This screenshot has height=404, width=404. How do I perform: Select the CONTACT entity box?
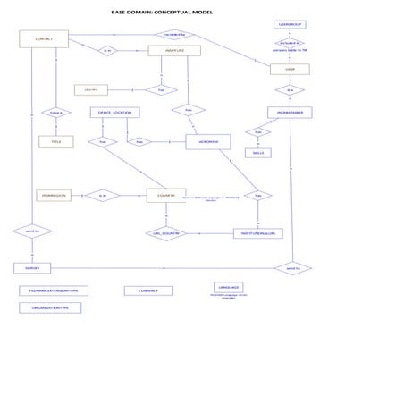pyautogui.click(x=44, y=39)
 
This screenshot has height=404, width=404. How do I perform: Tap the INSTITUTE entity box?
pyautogui.click(x=173, y=51)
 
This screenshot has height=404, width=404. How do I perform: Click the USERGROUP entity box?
pyautogui.click(x=290, y=23)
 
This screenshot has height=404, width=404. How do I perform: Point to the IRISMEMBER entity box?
pyautogui.click(x=290, y=113)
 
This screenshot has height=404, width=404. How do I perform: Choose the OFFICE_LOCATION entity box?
pyautogui.click(x=114, y=113)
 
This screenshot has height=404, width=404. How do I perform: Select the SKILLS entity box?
pyautogui.click(x=258, y=153)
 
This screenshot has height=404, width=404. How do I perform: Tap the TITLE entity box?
pyautogui.click(x=55, y=142)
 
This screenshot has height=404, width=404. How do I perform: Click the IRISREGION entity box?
pyautogui.click(x=54, y=195)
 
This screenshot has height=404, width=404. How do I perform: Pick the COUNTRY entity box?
pyautogui.click(x=166, y=195)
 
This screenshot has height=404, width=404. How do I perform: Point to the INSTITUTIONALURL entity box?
pyautogui.click(x=258, y=233)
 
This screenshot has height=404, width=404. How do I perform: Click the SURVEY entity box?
pyautogui.click(x=32, y=267)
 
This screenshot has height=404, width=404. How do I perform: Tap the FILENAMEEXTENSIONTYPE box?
pyautogui.click(x=54, y=290)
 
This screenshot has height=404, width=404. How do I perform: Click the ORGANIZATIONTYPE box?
pyautogui.click(x=50, y=307)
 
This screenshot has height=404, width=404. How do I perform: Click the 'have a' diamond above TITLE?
pyautogui.click(x=55, y=113)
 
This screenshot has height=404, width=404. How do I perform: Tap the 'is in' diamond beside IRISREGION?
pyautogui.click(x=103, y=195)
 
